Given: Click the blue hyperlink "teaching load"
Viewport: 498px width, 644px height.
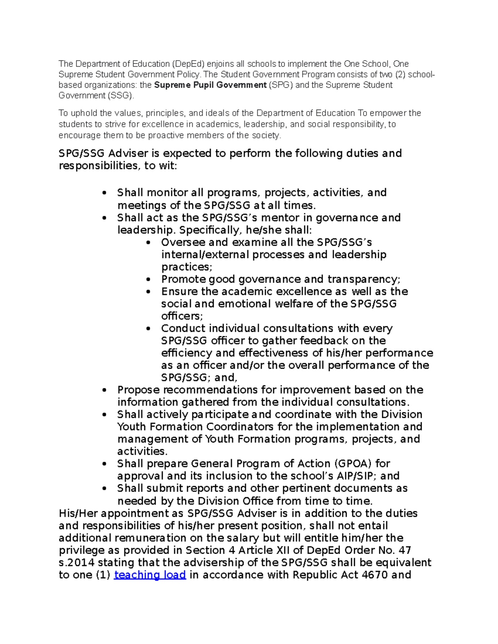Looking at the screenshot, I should click(149, 575).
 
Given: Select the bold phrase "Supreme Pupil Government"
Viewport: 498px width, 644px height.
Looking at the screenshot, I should click(210, 85).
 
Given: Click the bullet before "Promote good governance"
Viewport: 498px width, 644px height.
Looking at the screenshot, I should click(149, 280).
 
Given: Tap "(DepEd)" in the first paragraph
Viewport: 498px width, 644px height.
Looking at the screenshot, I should click(188, 64).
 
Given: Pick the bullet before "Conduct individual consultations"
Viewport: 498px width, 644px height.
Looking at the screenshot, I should click(149, 329).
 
